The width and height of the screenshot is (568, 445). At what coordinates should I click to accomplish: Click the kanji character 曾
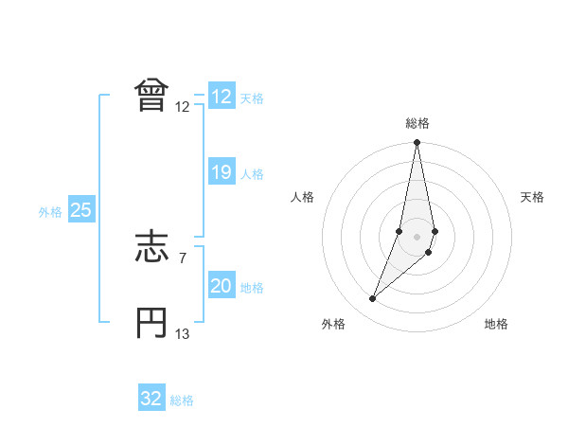point(152,95)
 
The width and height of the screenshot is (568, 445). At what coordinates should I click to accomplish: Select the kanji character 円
point(152,323)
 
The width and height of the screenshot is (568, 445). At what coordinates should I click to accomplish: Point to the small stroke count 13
point(183,333)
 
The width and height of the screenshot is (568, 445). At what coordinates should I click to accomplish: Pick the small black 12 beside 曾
point(183,106)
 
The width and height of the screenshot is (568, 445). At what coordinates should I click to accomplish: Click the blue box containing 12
point(221,97)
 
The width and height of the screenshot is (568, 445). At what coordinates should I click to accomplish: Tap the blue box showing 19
point(221,173)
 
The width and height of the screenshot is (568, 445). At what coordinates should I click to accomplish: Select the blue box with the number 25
point(80,211)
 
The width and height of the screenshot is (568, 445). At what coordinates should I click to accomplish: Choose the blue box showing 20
point(221,286)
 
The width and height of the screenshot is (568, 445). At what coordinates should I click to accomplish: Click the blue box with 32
point(151,399)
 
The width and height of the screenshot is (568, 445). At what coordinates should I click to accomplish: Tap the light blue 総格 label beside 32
point(182,400)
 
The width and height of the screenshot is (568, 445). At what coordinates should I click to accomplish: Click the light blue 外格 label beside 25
point(50,213)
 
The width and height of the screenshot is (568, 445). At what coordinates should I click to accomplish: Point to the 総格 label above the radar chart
point(417,123)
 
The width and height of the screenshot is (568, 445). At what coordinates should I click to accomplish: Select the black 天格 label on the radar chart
point(533,197)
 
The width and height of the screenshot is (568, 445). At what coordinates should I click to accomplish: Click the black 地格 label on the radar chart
point(496,324)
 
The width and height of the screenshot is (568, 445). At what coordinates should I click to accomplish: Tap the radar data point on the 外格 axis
point(373,299)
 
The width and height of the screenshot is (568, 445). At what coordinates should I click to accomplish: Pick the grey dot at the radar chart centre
point(417,234)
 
